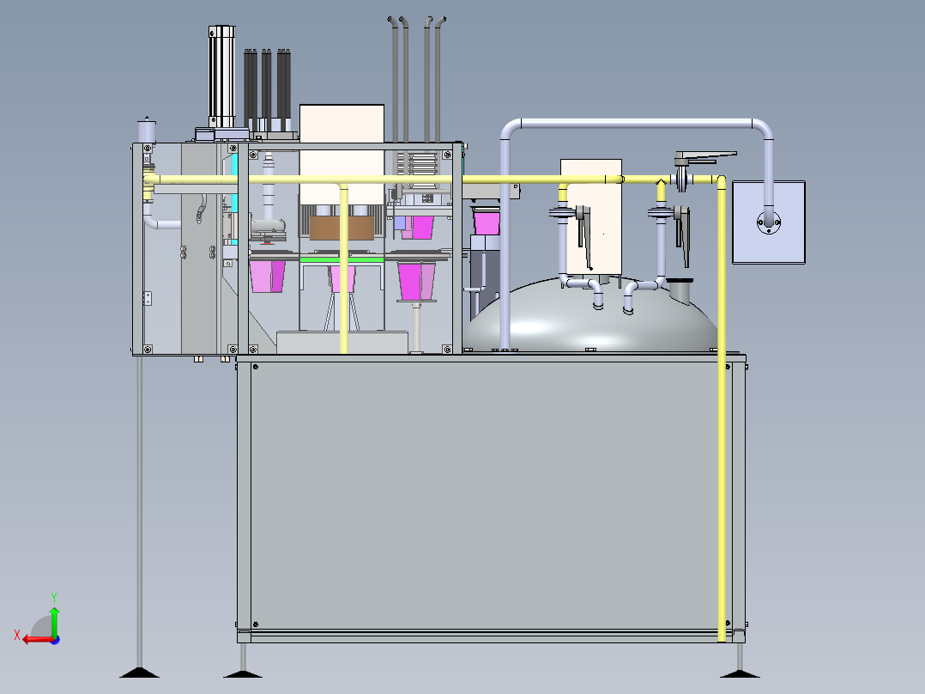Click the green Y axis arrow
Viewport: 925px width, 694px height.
click(54, 621)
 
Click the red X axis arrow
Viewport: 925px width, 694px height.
click(39, 640)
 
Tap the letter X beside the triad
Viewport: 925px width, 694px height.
click(16, 635)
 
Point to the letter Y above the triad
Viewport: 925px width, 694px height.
click(54, 597)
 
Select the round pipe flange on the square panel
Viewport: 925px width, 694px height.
click(769, 222)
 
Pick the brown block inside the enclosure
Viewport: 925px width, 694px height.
click(342, 228)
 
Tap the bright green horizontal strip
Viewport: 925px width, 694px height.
click(342, 259)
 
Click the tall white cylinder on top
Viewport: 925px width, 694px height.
click(221, 76)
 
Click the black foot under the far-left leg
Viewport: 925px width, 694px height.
click(139, 673)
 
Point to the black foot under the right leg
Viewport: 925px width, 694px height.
click(740, 673)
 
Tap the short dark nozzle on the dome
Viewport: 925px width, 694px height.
click(680, 291)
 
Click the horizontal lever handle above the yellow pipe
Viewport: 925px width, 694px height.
click(705, 157)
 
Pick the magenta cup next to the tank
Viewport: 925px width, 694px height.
click(487, 223)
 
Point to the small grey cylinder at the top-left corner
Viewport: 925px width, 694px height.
click(147, 131)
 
